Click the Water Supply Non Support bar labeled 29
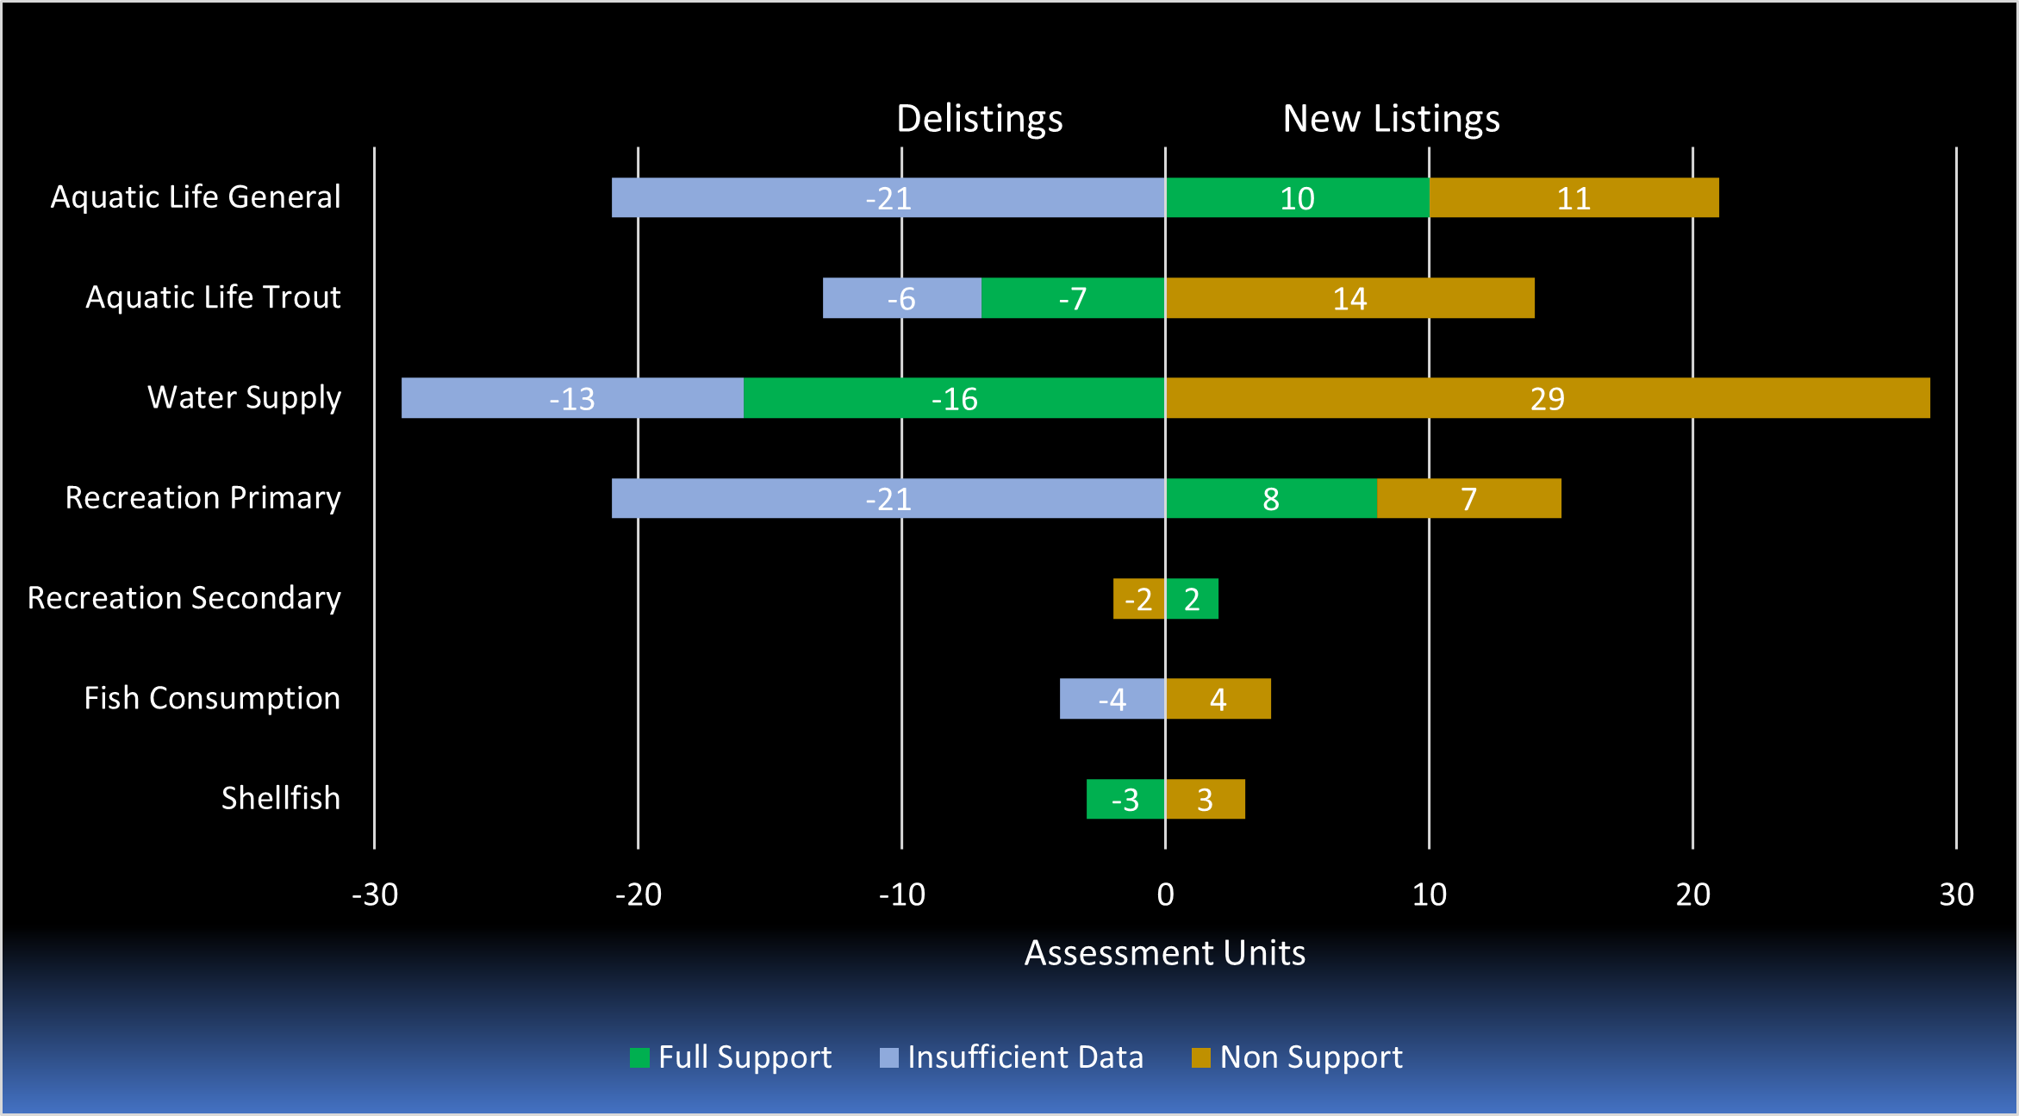click(x=1547, y=398)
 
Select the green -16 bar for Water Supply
click(x=954, y=398)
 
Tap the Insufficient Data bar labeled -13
click(x=572, y=398)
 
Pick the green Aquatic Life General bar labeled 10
click(x=1297, y=197)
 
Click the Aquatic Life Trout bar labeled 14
click(x=1349, y=298)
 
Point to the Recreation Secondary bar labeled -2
click(x=1138, y=599)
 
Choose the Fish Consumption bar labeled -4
click(x=1112, y=699)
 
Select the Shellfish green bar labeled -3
click(x=1125, y=799)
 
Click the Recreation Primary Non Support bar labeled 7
click(x=1468, y=498)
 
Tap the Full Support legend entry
click(x=731, y=1057)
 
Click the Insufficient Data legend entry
click(x=1012, y=1057)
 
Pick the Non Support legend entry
click(x=1297, y=1057)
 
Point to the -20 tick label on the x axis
click(x=638, y=895)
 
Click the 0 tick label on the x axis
click(x=1165, y=895)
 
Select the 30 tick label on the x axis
click(x=1956, y=895)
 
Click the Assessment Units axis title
click(x=1164, y=953)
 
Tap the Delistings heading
click(x=979, y=118)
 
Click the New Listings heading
click(x=1391, y=118)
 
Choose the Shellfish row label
click(x=281, y=798)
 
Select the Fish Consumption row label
click(x=212, y=698)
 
